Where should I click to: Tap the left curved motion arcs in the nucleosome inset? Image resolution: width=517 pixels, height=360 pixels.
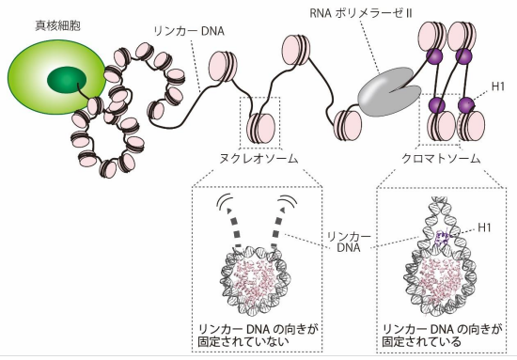(227, 202)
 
